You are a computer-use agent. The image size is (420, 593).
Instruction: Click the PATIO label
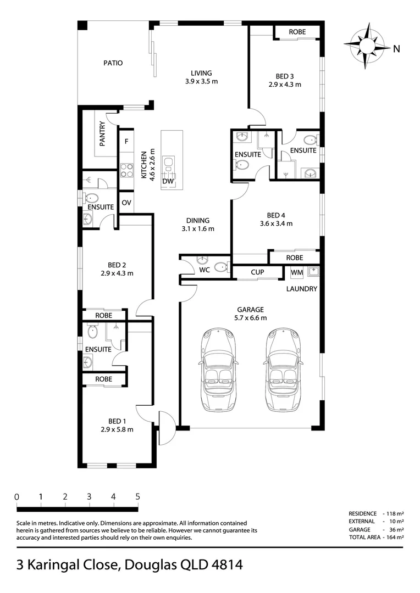(113, 63)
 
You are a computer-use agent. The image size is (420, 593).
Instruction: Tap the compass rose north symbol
(367, 46)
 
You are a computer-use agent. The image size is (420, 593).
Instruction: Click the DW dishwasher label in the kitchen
(168, 181)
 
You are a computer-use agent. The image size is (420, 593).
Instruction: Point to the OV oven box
(126, 203)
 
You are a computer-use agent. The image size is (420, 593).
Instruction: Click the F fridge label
(126, 142)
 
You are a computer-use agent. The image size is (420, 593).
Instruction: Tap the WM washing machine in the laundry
(297, 272)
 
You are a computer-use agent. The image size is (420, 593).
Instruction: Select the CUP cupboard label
(257, 272)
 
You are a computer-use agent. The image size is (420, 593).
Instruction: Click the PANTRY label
(102, 133)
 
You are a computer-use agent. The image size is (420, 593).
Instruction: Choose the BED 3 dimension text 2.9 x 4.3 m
(285, 85)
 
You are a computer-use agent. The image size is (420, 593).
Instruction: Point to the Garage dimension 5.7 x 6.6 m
(250, 318)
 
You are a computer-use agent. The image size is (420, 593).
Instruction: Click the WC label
(205, 270)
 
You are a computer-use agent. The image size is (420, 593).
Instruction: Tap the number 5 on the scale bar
(137, 496)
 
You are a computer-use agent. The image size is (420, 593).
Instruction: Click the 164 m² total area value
(395, 537)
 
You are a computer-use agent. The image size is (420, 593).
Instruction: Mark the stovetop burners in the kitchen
(126, 170)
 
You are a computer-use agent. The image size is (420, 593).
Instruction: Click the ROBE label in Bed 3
(297, 32)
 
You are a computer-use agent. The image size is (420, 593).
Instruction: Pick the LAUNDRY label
(301, 289)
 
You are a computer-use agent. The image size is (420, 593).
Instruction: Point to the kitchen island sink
(168, 164)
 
